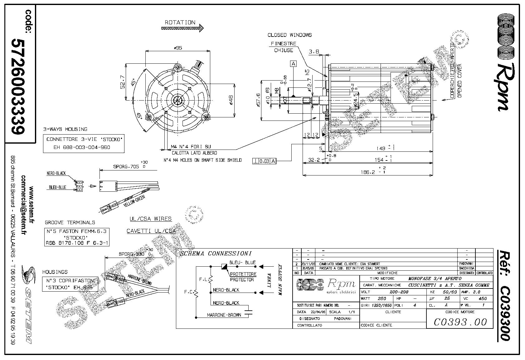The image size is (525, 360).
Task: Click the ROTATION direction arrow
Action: pyautogui.click(x=182, y=28)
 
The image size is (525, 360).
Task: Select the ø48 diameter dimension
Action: pyautogui.click(x=231, y=100)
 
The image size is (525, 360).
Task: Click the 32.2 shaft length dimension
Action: pyautogui.click(x=314, y=160)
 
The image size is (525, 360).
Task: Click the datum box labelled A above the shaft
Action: pyautogui.click(x=293, y=64)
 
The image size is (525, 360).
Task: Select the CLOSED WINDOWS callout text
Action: pyautogui.click(x=289, y=35)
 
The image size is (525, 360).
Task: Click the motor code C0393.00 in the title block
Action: pyautogui.click(x=460, y=322)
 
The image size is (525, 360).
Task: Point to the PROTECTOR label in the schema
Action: pyautogui.click(x=242, y=279)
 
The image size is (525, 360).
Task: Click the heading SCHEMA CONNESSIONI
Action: pyautogui.click(x=216, y=254)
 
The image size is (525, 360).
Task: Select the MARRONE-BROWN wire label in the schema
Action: pyautogui.click(x=224, y=315)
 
